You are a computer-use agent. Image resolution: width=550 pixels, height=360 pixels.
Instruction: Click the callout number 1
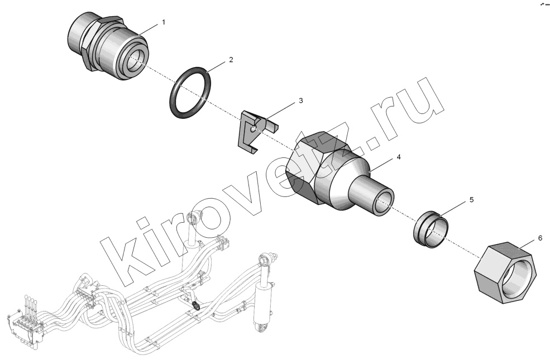coord(164,22)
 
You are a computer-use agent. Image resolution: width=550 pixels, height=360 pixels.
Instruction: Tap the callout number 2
coord(231,60)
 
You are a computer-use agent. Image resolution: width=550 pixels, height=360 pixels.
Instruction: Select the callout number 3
coord(300,100)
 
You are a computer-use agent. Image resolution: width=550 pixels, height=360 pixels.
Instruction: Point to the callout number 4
coord(399,157)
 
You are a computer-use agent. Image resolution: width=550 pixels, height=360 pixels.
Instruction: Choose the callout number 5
coord(471,200)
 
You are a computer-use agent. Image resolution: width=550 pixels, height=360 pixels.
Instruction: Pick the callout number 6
coord(540,238)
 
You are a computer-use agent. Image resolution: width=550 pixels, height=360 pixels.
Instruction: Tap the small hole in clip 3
coord(254,129)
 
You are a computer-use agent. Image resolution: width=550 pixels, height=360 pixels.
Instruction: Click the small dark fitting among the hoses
coord(197,305)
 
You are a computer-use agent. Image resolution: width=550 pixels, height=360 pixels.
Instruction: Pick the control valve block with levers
coord(25,324)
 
